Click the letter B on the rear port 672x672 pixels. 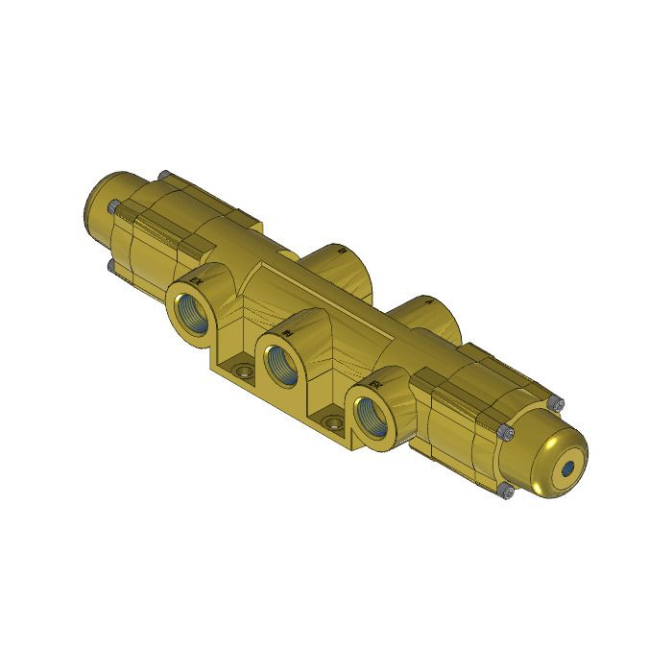pyautogui.click(x=341, y=251)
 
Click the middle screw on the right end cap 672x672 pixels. pyautogui.click(x=501, y=433)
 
